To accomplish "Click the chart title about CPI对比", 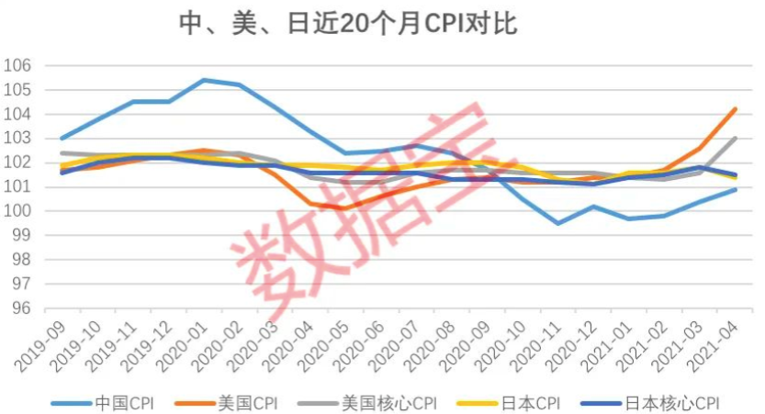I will coord(348,23).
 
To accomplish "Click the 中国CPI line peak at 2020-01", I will coord(204,80).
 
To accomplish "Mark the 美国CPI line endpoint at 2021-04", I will coord(736,108).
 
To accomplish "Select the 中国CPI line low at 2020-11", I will coord(558,223).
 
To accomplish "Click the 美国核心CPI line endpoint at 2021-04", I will coord(736,138).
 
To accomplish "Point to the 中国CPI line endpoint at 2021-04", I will coord(736,189).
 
